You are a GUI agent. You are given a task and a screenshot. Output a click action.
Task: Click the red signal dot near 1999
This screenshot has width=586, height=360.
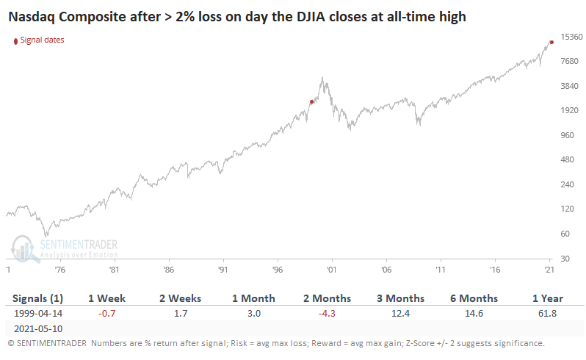click(311, 102)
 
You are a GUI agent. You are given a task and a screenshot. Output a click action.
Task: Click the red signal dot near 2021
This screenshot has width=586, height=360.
click(551, 42)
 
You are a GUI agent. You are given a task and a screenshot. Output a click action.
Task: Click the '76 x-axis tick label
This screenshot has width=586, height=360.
click(59, 270)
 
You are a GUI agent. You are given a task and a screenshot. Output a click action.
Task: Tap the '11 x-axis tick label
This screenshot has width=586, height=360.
click(440, 270)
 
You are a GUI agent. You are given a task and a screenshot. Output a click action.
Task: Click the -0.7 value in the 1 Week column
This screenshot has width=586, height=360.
click(107, 313)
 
